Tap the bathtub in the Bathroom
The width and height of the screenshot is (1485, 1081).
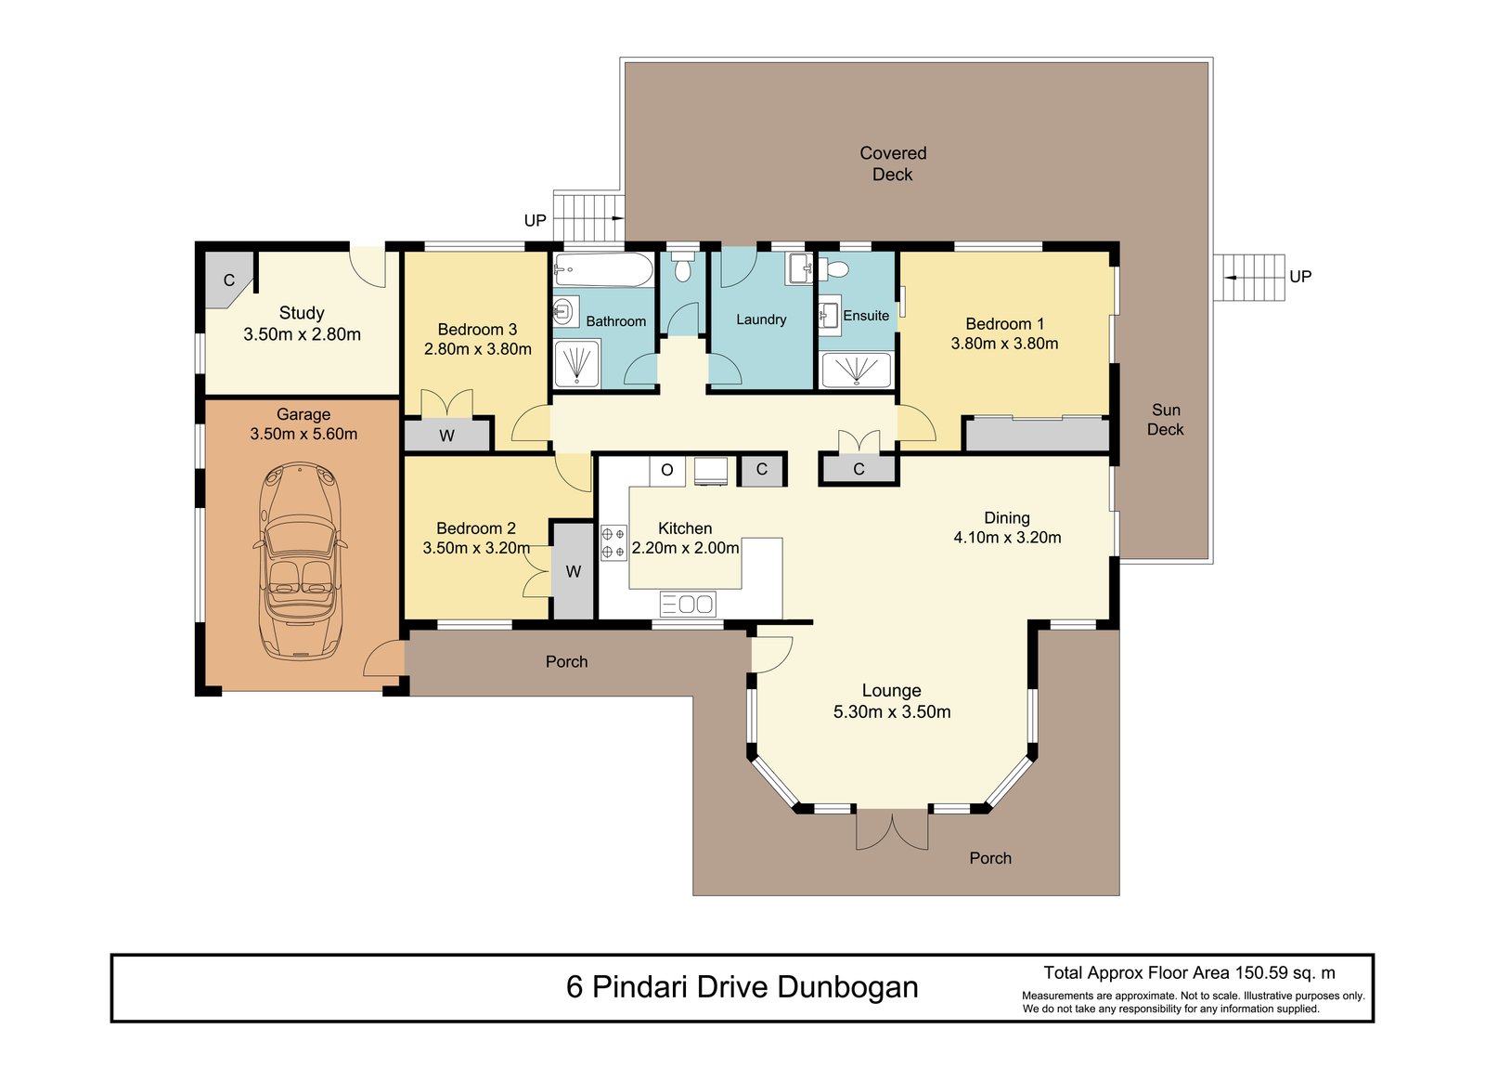coord(602,271)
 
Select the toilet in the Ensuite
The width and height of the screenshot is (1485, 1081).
coord(837,269)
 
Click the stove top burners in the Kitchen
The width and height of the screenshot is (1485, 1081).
coord(613,542)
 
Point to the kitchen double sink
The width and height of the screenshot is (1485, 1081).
coord(687,604)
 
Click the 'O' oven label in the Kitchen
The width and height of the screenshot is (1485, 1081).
coord(666,470)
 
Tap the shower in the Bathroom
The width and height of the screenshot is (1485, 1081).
coord(576,363)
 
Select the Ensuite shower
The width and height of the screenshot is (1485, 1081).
coord(855,370)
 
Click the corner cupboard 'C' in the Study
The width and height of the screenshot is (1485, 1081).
coord(228,280)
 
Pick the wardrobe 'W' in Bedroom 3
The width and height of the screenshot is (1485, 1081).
coord(446,436)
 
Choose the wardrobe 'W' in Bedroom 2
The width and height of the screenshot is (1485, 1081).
coord(573,571)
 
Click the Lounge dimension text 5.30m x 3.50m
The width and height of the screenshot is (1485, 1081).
coord(891,712)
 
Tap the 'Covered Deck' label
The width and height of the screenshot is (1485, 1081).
coord(892,163)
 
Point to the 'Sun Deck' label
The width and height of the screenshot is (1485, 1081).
coord(1165,419)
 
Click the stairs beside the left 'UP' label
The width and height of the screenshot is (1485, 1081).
coord(588,216)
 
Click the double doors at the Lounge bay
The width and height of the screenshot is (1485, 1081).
coord(891,829)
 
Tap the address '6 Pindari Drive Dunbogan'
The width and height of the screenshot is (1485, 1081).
coord(742,986)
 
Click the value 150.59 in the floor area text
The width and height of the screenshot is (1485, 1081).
coord(1261,973)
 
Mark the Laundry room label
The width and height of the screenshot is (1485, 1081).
coord(760,319)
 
